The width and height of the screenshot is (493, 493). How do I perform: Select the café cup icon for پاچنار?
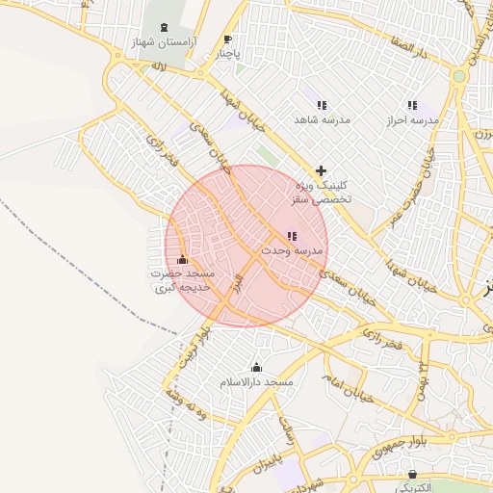point(228,39)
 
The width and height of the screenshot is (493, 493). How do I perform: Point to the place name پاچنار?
point(228,55)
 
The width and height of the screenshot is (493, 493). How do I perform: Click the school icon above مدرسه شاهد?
point(321,105)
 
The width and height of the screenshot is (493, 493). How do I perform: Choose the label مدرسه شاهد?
point(321,120)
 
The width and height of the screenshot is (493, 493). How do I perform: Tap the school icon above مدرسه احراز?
point(412,105)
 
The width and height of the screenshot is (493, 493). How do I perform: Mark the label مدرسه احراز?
point(412,120)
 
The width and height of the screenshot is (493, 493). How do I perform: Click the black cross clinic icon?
point(321,170)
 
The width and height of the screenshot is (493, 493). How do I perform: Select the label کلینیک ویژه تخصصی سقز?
point(321,192)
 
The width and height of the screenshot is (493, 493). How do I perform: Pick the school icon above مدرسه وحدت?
point(292,236)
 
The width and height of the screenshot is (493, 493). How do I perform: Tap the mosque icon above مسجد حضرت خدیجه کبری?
point(183,259)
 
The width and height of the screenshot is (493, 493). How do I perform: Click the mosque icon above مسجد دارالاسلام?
point(256,367)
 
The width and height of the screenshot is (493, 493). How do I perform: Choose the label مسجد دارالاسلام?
point(256,382)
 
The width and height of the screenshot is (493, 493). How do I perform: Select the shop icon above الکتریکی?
point(414,474)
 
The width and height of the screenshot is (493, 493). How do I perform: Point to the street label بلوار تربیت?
point(190,348)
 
